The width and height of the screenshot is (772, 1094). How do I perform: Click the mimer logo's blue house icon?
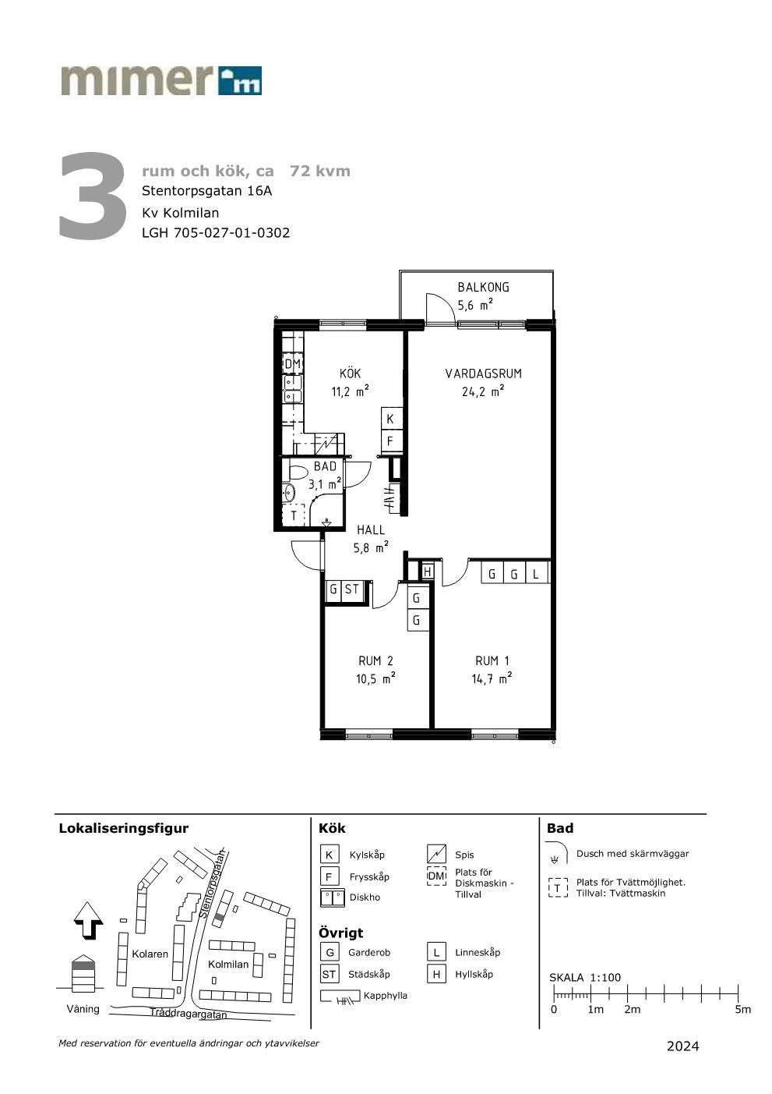(x=240, y=80)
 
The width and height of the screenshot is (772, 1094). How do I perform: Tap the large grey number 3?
(x=93, y=196)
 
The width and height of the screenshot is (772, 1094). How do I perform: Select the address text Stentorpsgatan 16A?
(x=206, y=191)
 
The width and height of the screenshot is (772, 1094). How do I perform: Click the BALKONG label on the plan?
(x=483, y=287)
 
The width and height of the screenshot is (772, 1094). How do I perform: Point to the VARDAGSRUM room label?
(x=483, y=374)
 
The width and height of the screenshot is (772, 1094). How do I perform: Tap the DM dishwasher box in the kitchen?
(x=293, y=364)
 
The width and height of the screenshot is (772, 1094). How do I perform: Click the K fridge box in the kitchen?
(x=391, y=419)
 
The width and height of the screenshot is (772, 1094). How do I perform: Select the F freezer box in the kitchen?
(x=391, y=441)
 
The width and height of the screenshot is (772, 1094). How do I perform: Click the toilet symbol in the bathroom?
(x=297, y=473)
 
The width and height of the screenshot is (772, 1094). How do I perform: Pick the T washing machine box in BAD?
(x=294, y=515)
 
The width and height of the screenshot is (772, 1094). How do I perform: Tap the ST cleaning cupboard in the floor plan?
(x=352, y=589)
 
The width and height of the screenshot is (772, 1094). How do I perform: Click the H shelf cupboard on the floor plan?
(x=428, y=571)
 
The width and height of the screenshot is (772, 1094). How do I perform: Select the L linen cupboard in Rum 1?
(x=536, y=573)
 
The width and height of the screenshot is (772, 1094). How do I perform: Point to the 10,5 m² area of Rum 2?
(x=375, y=679)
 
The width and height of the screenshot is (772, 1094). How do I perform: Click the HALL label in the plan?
(x=371, y=529)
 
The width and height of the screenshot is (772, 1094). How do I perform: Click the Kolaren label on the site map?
(x=150, y=954)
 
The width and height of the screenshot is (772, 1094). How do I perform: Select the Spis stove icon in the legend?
(x=436, y=854)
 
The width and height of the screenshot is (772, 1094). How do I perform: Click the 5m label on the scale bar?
(x=742, y=1010)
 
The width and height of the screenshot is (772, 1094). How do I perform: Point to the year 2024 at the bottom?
(x=682, y=1046)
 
